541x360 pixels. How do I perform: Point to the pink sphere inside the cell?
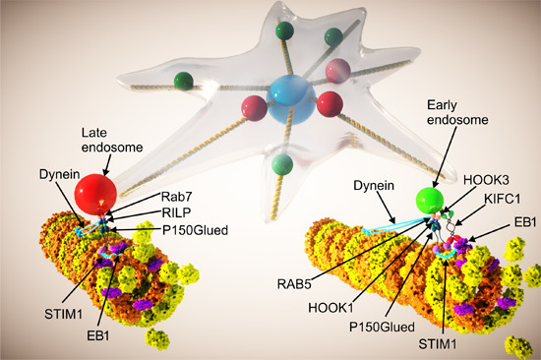(x=336, y=70)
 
